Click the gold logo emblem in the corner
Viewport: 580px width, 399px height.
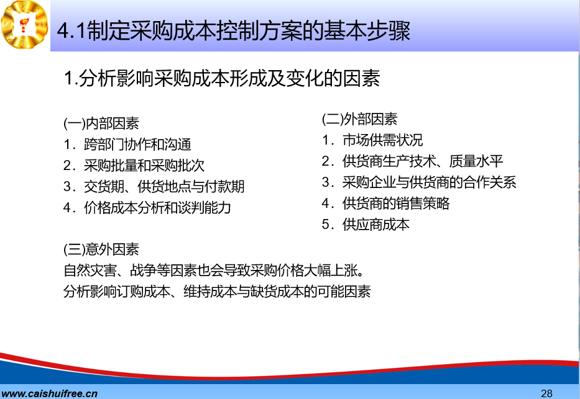(x=25, y=25)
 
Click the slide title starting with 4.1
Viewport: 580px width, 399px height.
(x=234, y=30)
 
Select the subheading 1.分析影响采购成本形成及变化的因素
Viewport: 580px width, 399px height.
(x=222, y=78)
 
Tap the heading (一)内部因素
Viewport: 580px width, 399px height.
(x=101, y=123)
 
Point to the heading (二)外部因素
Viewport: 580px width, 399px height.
(x=359, y=119)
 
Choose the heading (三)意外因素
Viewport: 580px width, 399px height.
(x=101, y=249)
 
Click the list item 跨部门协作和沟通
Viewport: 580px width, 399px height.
(x=137, y=145)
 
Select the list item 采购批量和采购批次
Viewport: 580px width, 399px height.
(x=144, y=165)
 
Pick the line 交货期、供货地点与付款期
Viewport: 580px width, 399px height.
(x=164, y=186)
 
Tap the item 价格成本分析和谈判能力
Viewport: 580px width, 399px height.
(x=157, y=207)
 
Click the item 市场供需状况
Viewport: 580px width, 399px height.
(x=382, y=140)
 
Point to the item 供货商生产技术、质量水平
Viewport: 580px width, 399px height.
(x=423, y=161)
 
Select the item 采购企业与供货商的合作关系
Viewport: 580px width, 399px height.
(x=430, y=182)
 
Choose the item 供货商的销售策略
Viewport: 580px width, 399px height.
(x=396, y=203)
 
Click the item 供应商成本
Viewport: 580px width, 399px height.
(x=376, y=224)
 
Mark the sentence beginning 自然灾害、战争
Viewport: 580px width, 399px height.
(x=214, y=271)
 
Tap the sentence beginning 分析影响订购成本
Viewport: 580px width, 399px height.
(x=217, y=292)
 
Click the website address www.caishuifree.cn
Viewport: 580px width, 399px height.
(x=49, y=393)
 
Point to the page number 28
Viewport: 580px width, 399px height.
(x=546, y=393)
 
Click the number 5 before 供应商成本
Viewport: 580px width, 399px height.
(x=326, y=225)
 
